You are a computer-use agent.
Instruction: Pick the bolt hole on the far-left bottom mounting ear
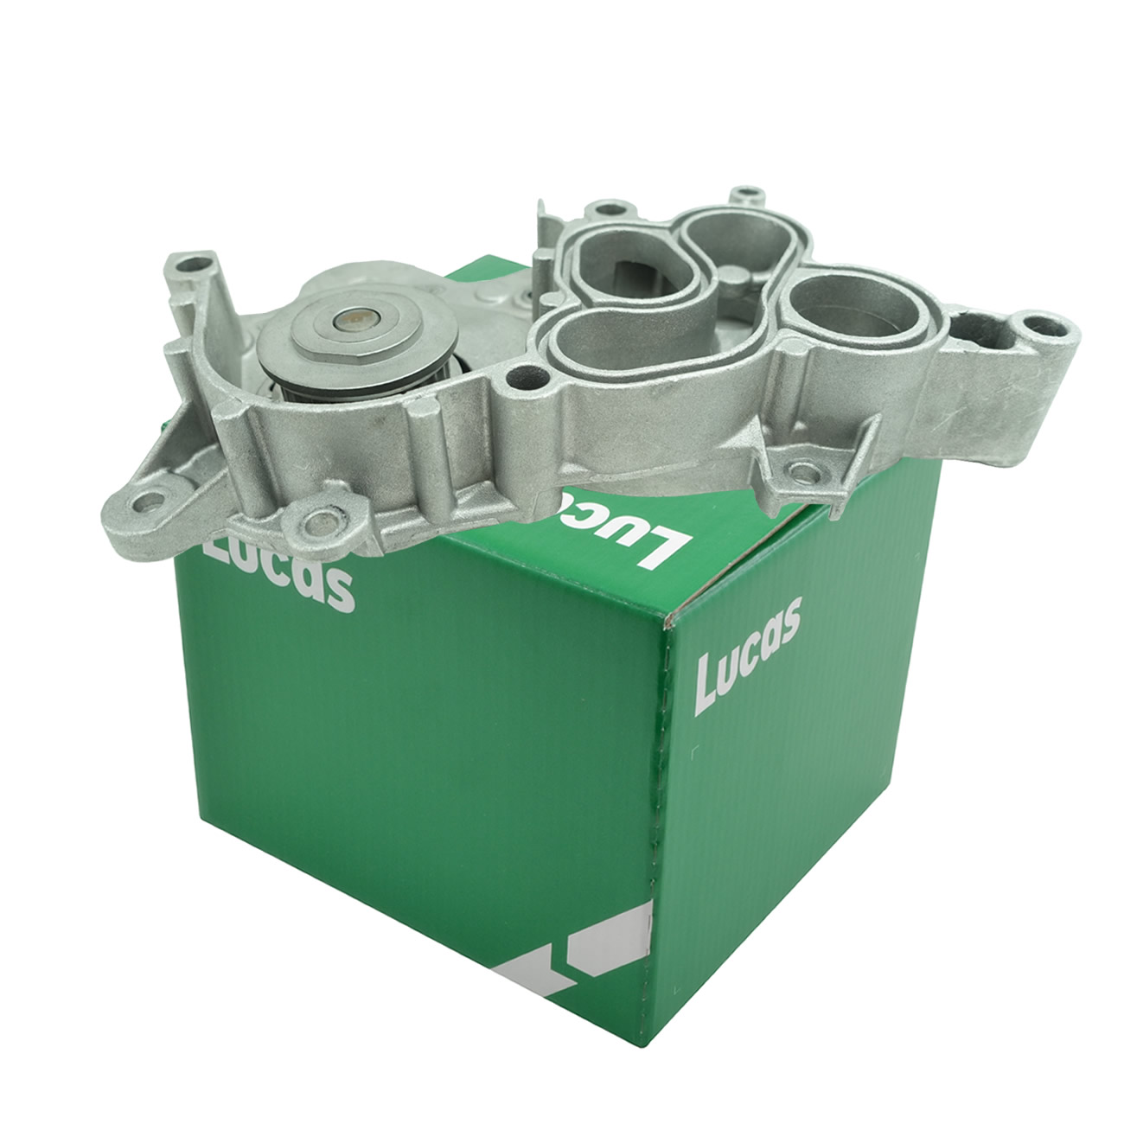[150, 501]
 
